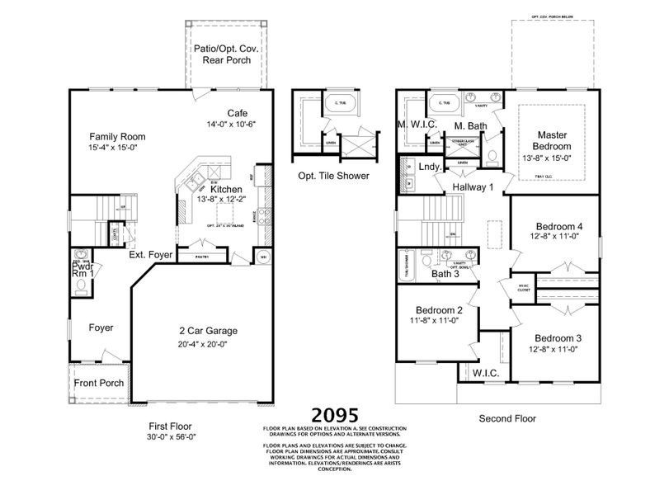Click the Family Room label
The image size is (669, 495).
tap(118, 137)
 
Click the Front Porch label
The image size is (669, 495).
tap(99, 384)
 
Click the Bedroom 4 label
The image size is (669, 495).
tap(558, 226)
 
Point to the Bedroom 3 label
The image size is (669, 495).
tap(558, 338)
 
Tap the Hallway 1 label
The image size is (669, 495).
tap(473, 188)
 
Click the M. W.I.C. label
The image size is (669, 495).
tap(418, 125)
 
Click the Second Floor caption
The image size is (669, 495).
tap(508, 419)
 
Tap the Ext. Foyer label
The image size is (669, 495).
tap(151, 256)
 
